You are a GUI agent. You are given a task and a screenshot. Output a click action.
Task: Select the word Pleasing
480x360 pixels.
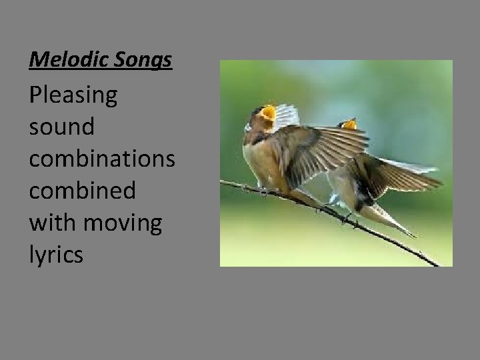(x=73, y=97)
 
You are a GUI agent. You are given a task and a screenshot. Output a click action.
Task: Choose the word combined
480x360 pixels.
(x=83, y=191)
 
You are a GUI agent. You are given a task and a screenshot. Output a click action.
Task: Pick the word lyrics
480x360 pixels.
(x=56, y=255)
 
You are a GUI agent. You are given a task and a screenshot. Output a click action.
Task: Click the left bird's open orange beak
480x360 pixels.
(x=268, y=113)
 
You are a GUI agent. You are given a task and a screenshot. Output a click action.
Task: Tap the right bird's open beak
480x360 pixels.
(x=349, y=124)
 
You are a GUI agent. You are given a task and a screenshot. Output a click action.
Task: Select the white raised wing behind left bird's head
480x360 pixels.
(x=287, y=115)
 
